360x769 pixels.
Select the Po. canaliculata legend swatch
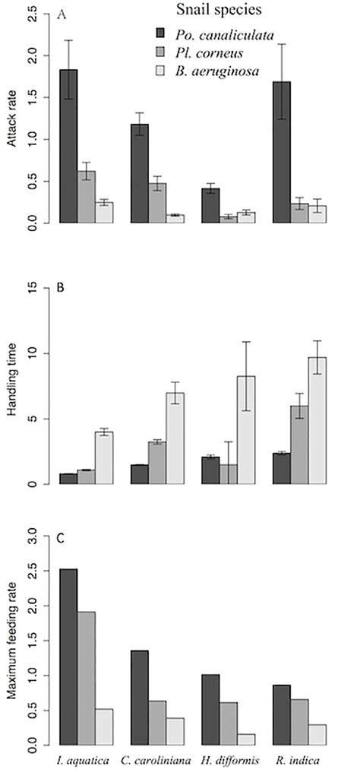[x=160, y=33]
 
